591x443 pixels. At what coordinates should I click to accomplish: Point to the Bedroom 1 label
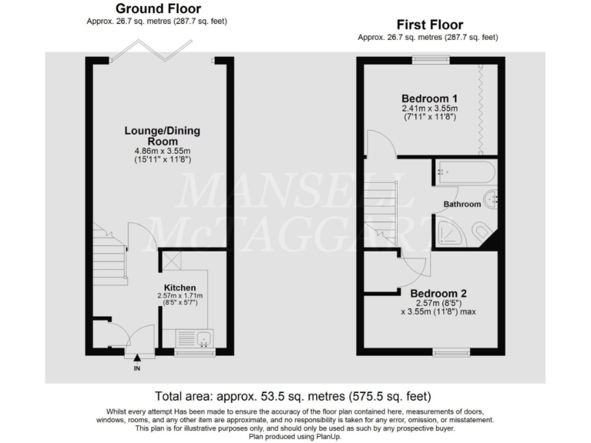click(429, 98)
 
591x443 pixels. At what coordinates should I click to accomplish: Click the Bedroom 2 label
click(439, 293)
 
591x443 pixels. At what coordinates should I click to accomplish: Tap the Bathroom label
click(462, 205)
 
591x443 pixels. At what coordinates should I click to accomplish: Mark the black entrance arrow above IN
click(138, 358)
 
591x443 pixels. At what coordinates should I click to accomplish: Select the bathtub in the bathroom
click(466, 172)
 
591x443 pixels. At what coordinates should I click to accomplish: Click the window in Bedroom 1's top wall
click(429, 59)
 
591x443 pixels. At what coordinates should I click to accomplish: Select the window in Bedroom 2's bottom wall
click(451, 352)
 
